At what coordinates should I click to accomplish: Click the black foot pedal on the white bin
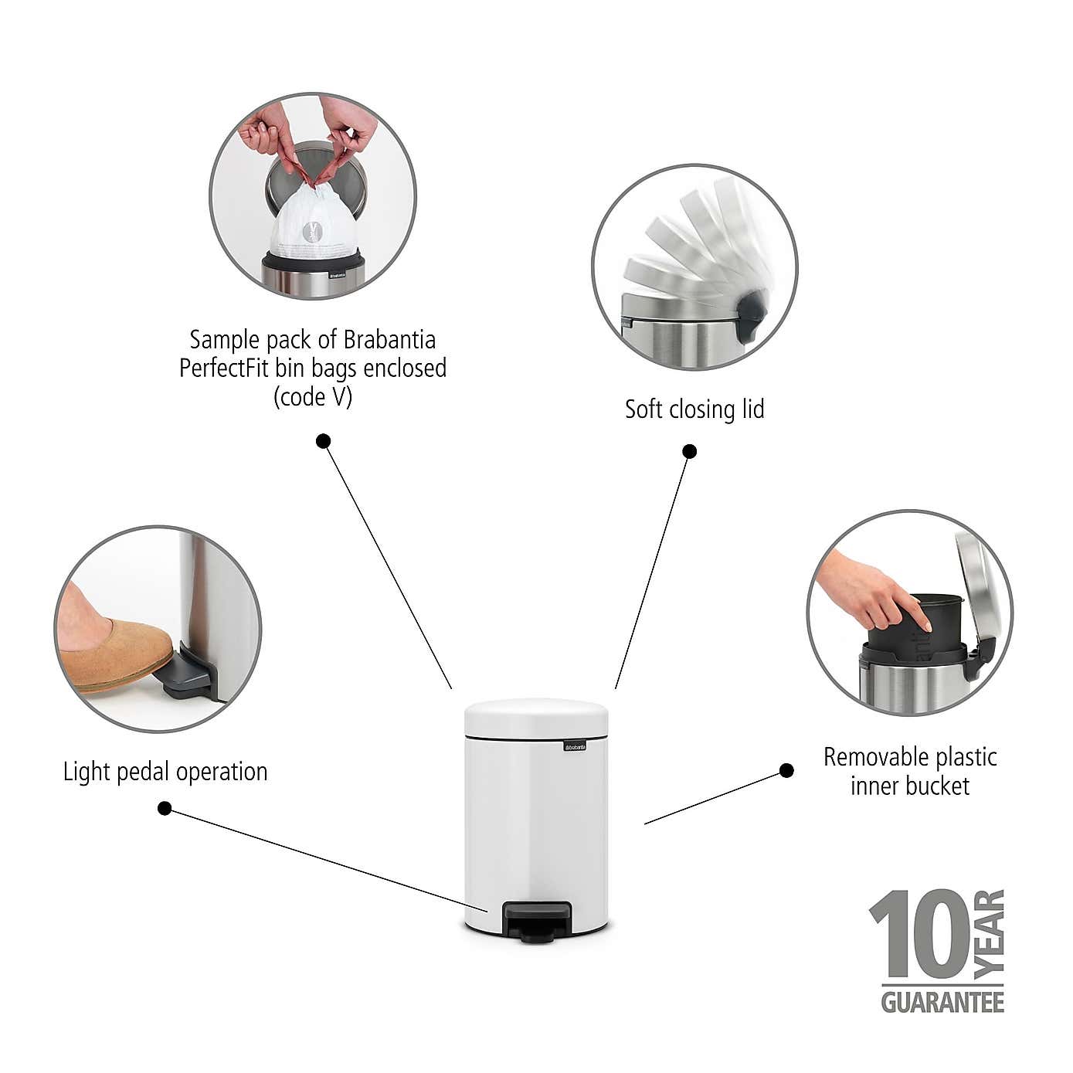[538, 921]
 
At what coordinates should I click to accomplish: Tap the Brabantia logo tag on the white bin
[573, 746]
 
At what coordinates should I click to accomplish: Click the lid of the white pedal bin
[536, 717]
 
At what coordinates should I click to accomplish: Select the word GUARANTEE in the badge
[942, 1003]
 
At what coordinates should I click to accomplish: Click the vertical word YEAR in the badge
[990, 934]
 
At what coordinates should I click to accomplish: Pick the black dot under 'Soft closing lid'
[690, 451]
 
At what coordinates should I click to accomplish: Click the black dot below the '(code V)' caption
[324, 441]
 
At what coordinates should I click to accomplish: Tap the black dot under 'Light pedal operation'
[165, 808]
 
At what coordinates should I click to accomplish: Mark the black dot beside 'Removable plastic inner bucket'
[786, 770]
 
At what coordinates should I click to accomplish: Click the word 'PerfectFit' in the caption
[225, 368]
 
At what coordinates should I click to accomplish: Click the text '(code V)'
[313, 397]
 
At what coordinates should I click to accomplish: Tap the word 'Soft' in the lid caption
[643, 409]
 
